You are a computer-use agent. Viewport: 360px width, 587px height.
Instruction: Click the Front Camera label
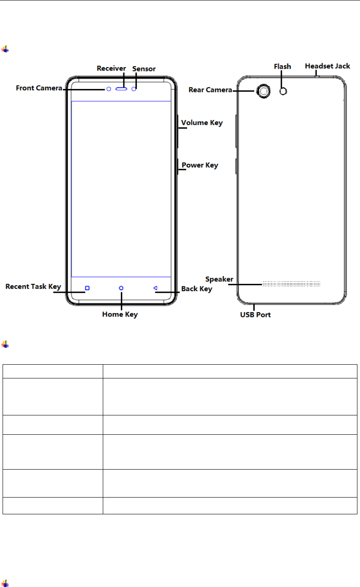tap(39, 88)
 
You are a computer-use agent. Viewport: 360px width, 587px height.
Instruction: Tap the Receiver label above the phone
tap(111, 68)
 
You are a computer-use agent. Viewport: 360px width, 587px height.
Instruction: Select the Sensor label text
tap(144, 69)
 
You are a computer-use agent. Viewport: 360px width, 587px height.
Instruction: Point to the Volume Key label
tap(202, 123)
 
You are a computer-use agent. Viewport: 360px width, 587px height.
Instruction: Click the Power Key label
tap(200, 165)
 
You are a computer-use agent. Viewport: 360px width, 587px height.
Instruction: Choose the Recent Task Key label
tap(33, 286)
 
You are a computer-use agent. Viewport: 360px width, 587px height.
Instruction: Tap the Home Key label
tap(120, 314)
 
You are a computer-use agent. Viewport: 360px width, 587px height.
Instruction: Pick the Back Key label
tap(197, 289)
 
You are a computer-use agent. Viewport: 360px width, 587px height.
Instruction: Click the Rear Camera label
tap(210, 90)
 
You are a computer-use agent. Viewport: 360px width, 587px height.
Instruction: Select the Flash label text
tap(283, 67)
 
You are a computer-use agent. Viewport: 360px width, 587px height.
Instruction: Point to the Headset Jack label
tap(327, 66)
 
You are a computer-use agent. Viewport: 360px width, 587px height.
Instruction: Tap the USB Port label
tap(255, 315)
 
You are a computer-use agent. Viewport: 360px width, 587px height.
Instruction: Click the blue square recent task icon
tap(87, 288)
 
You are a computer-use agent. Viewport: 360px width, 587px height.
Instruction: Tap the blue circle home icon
tap(121, 288)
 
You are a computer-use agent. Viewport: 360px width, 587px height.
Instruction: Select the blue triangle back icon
tap(156, 288)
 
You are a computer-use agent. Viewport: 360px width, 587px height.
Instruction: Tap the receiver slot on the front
tap(122, 89)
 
